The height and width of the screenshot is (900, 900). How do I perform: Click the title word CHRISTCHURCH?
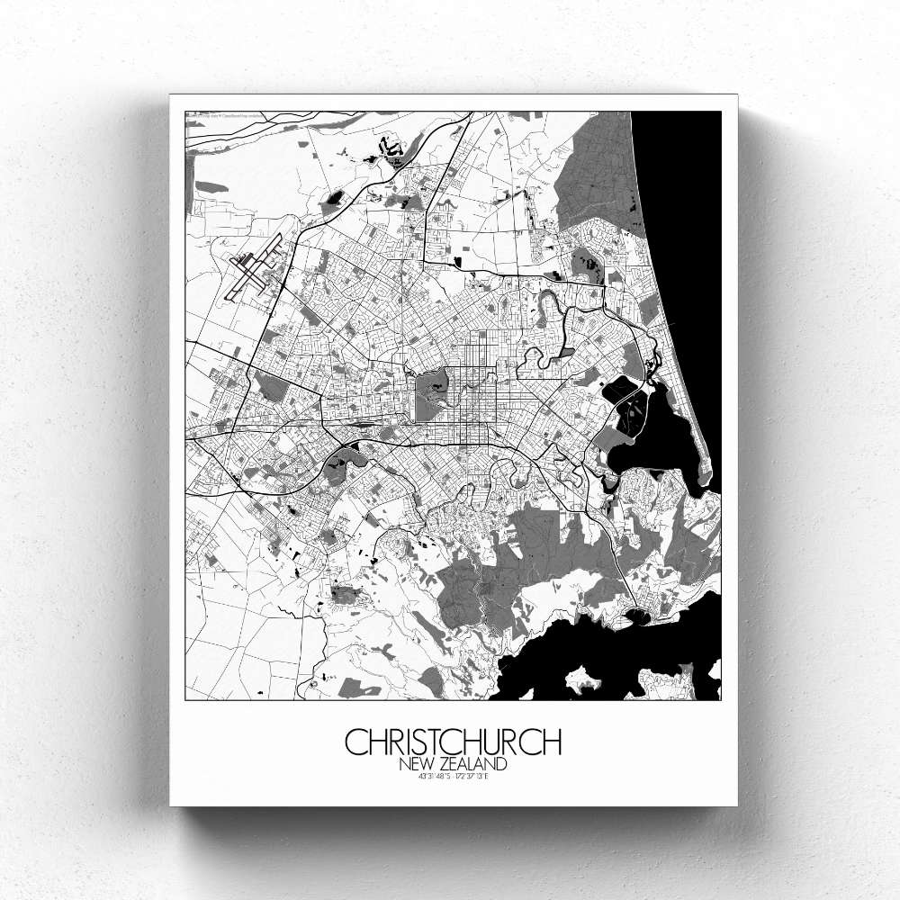[453, 742]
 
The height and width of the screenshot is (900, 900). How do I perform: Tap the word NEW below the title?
[418, 764]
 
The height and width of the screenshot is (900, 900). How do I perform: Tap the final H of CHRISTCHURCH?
[551, 742]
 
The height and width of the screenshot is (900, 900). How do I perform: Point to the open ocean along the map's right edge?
[684, 225]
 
